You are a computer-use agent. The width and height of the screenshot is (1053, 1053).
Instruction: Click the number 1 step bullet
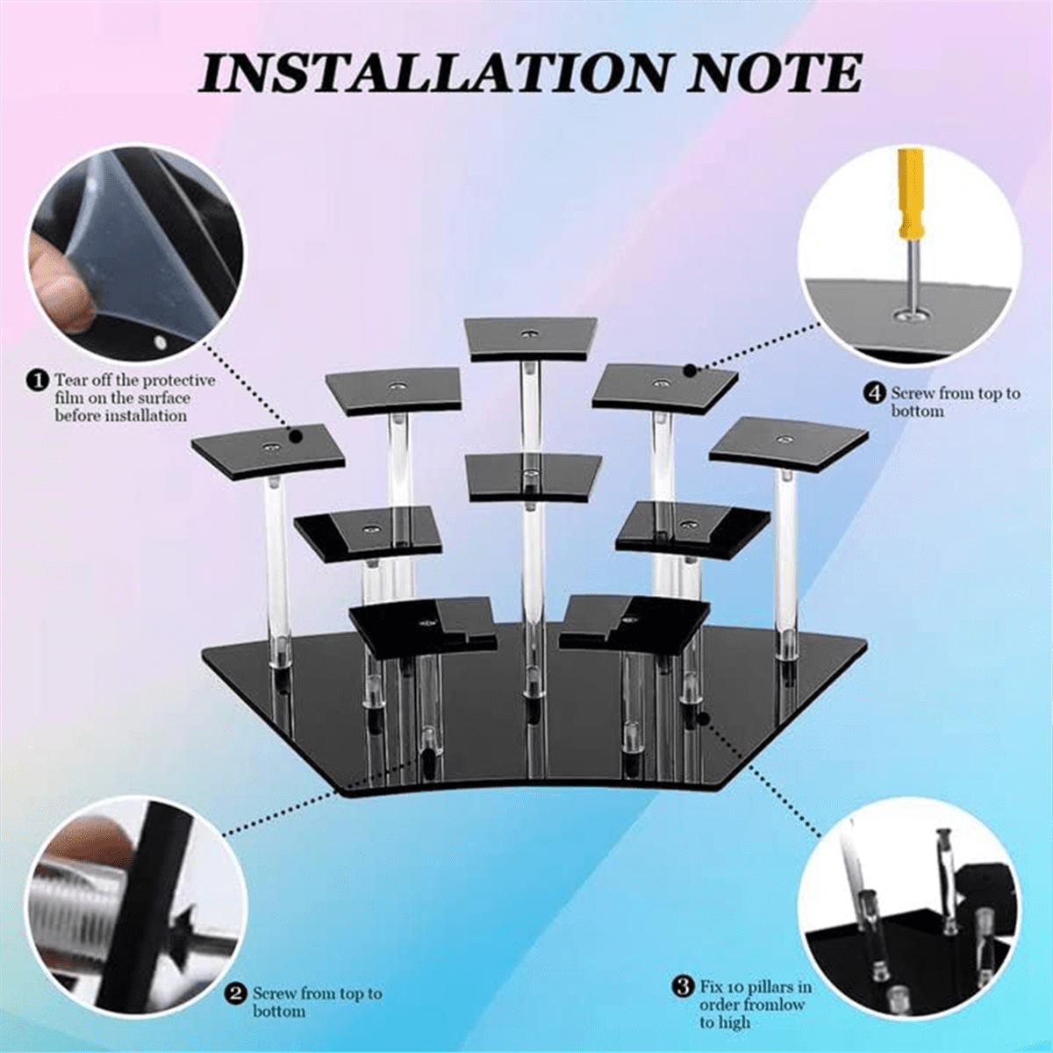[37, 381]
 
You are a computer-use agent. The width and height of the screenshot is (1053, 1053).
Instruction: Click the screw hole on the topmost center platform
[528, 333]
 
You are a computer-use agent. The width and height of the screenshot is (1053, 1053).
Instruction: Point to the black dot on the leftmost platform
[297, 437]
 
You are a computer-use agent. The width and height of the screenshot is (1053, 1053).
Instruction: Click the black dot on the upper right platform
[691, 371]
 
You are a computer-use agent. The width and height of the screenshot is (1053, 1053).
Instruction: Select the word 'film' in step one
[68, 398]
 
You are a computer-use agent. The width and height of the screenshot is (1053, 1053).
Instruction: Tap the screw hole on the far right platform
[784, 439]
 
